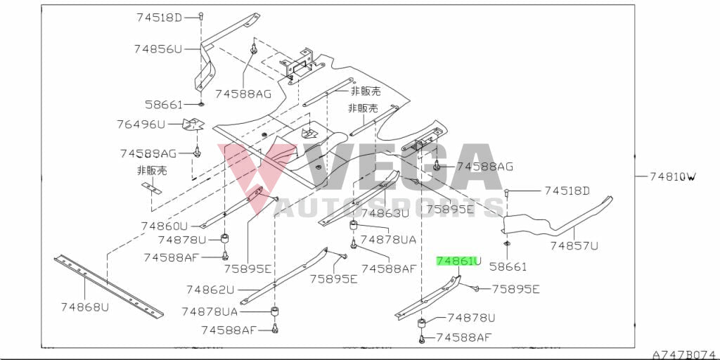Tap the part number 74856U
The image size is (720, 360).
[x=158, y=49]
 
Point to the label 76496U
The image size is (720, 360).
[x=141, y=124]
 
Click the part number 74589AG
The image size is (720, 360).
[x=148, y=153]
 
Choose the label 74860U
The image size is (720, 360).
[x=165, y=226]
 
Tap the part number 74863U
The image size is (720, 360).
[x=385, y=213]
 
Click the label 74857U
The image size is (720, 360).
[x=574, y=245]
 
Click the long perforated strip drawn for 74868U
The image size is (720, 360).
[x=109, y=285]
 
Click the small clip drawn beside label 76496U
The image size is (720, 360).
[x=192, y=126]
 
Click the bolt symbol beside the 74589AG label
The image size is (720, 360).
[x=197, y=152]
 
